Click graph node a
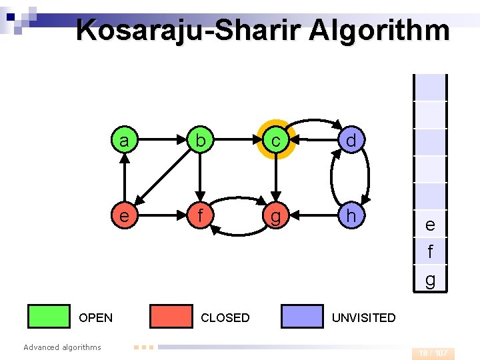coord(124,141)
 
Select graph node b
coord(199,141)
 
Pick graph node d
coord(350,141)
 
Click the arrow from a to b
coord(161,141)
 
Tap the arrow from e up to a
coord(124,178)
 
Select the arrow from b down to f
coord(199,178)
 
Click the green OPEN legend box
coord(49,317)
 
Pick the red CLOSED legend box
coord(171,317)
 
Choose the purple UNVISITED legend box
coord(302,317)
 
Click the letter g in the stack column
coord(430,280)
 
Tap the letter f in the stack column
coord(430,252)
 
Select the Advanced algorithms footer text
coord(62,347)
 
